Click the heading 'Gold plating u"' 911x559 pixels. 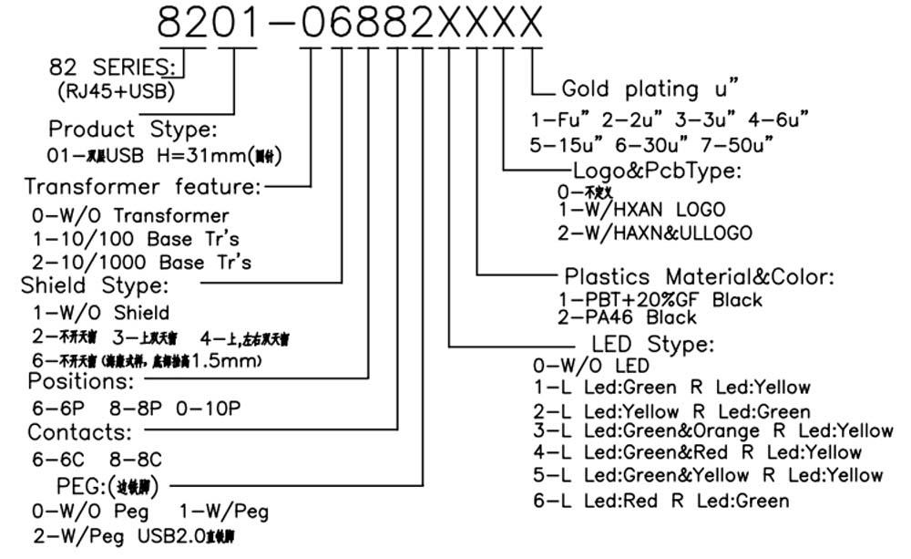[649, 88]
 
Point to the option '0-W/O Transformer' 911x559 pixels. [130, 216]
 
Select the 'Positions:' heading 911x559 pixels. [81, 379]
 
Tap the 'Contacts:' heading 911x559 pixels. [80, 430]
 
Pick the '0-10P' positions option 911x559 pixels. [209, 408]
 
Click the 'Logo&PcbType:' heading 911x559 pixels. [656, 171]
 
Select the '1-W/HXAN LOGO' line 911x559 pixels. [655, 210]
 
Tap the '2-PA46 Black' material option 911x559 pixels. [627, 317]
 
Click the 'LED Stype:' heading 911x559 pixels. [652, 345]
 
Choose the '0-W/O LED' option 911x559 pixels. [591, 366]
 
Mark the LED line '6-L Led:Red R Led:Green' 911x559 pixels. [660, 500]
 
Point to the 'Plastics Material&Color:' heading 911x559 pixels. [699, 276]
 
